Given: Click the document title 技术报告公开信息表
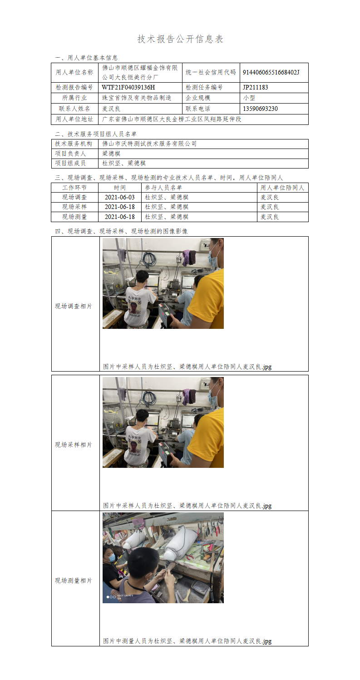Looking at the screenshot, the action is (180, 39).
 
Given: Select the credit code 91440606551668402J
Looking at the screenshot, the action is (271, 72).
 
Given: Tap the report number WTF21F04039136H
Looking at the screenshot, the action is (128, 87).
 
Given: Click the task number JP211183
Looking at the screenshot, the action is (256, 87).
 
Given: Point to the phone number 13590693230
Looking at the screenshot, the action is (260, 109).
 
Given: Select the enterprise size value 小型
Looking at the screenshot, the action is (249, 98).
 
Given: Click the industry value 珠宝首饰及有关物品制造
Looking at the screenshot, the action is (137, 98).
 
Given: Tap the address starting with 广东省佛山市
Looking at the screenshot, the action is (171, 119).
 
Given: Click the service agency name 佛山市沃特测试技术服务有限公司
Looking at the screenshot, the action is (149, 144).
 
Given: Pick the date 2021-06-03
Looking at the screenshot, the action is (120, 197).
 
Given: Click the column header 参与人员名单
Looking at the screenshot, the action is (163, 188).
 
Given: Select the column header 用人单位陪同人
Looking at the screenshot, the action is (282, 188).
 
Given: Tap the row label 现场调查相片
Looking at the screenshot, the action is (74, 306).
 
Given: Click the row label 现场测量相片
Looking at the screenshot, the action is (74, 581).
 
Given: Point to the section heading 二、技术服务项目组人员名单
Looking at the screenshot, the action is (96, 134).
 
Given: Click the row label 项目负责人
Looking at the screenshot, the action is (70, 154).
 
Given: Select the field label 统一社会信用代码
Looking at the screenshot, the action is (211, 72).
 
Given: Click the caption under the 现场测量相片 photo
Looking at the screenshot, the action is (187, 641).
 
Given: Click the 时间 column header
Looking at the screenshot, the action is (120, 188).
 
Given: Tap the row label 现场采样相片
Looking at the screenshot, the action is (74, 445).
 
